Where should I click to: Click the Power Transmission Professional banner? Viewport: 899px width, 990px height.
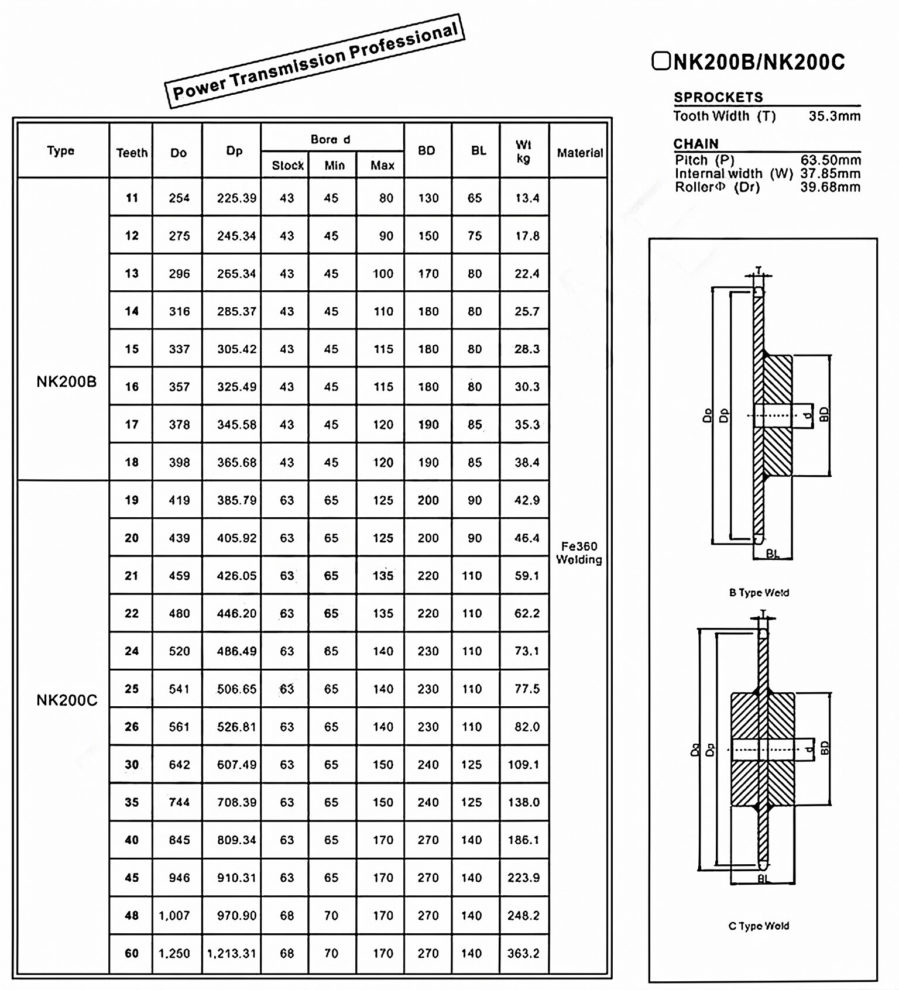pos(315,61)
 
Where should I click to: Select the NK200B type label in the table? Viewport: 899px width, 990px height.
pos(66,382)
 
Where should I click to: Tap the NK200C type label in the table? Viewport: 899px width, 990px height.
pos(67,700)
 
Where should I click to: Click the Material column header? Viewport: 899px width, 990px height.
pos(579,153)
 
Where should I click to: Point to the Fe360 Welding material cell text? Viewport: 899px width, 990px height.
pos(579,553)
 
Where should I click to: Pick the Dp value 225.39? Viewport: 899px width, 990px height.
pos(236,198)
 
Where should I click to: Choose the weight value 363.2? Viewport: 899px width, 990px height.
pos(523,953)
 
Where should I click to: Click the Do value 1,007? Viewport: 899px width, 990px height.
pos(174,916)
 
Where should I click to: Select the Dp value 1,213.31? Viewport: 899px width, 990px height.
pos(232,953)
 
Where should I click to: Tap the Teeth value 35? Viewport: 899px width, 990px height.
pos(132,802)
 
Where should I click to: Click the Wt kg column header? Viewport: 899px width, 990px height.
pos(523,151)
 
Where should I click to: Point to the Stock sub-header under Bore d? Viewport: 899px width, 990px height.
pos(287,166)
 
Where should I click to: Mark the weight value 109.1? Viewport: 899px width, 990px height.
pos(523,765)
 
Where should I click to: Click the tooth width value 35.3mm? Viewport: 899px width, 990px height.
pos(835,116)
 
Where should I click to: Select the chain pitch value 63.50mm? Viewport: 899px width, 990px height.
pos(831,160)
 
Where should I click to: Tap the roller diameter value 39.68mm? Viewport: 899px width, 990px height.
pos(831,187)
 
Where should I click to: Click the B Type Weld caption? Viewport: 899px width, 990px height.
pos(759,593)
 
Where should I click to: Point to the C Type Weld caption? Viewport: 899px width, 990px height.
pos(759,926)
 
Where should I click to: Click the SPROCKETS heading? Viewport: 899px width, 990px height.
pos(718,97)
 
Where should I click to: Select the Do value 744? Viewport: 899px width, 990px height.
pos(179,802)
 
